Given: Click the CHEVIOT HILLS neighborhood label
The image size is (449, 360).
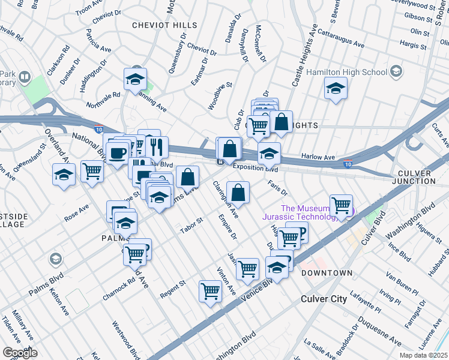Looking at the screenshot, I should point(164,25).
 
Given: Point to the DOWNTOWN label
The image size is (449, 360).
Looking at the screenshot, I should point(327,273).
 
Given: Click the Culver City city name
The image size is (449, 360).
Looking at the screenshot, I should point(324,298).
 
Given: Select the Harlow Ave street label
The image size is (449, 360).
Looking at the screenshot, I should point(318,157).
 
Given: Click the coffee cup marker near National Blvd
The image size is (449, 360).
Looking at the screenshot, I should point(118,151).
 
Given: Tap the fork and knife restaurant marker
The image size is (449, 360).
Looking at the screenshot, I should point(156,146).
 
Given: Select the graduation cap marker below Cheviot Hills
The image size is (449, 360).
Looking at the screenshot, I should point(136,79).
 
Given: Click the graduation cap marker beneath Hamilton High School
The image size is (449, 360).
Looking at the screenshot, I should point(336,89).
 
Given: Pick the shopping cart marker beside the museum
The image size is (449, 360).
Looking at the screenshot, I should point(341,205).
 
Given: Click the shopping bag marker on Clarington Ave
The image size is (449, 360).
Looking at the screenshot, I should point(238,193).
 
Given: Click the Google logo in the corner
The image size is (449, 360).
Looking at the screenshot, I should point(19,353).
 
